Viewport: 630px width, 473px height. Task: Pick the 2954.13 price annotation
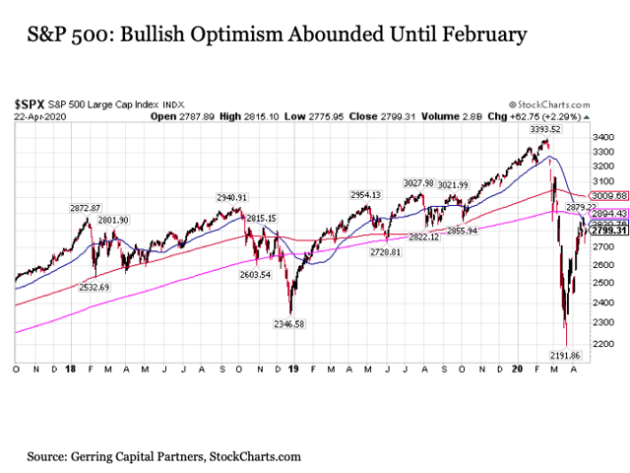pyautogui.click(x=366, y=195)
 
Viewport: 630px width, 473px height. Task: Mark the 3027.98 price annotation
pyautogui.click(x=420, y=183)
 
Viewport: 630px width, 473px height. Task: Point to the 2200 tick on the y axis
pyautogui.click(x=600, y=342)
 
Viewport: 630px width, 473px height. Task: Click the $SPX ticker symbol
pyautogui.click(x=29, y=102)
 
